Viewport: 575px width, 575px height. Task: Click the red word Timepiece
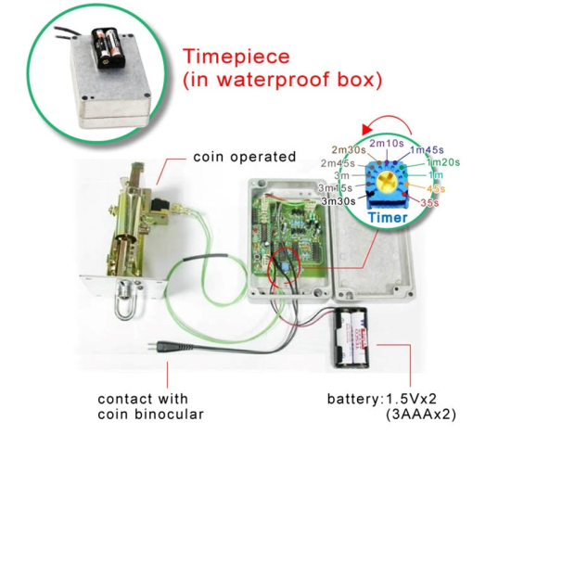(x=237, y=57)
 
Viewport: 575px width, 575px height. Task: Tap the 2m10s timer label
(x=387, y=143)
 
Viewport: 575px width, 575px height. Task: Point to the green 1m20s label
(x=442, y=162)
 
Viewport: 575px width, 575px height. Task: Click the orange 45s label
(x=436, y=188)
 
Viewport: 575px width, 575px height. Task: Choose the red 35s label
(x=429, y=201)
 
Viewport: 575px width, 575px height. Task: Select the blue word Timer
(x=387, y=218)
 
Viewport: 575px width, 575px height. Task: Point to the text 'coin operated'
(x=245, y=157)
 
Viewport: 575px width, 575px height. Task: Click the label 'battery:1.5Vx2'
(x=382, y=400)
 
